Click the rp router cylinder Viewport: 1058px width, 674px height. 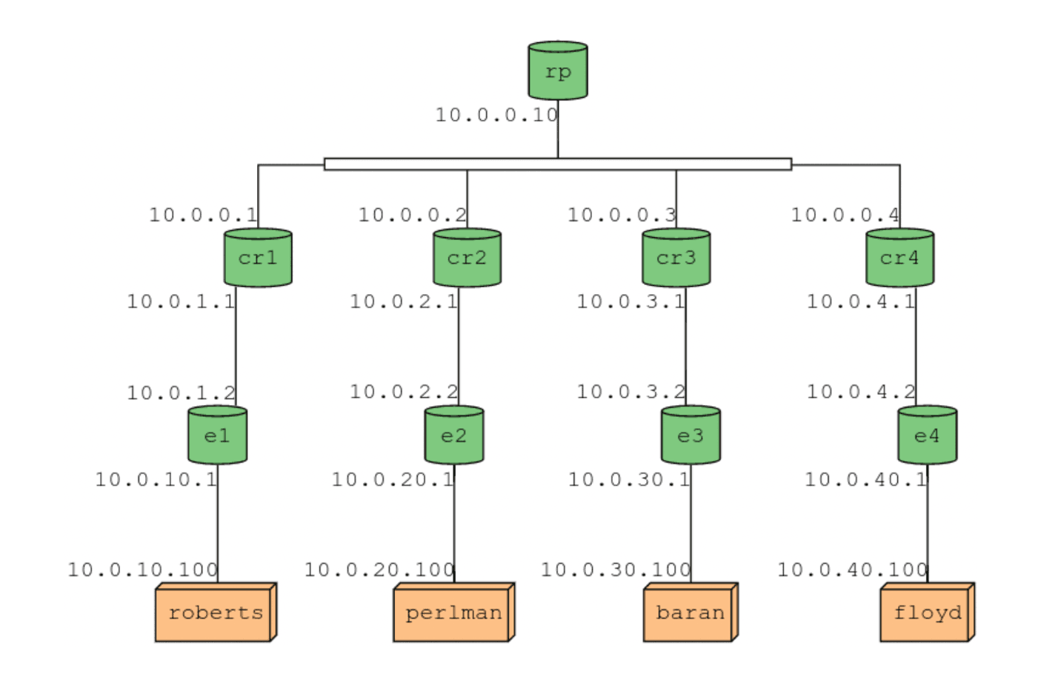tap(558, 71)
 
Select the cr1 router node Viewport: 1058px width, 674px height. tap(258, 258)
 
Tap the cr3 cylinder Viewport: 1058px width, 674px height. tap(676, 258)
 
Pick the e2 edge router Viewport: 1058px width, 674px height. tap(454, 436)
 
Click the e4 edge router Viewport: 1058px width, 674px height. tap(927, 436)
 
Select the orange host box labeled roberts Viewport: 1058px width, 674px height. tap(215, 613)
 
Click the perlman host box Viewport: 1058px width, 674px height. tap(453, 613)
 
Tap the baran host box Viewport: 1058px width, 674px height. tap(690, 613)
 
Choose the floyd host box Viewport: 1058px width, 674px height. tap(926, 613)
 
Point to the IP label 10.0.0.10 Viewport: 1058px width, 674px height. tap(496, 115)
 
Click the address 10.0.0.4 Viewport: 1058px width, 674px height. tap(845, 215)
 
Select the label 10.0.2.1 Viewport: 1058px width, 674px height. tap(404, 301)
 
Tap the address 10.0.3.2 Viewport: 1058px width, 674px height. tap(631, 391)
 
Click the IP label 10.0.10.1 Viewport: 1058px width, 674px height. tap(156, 479)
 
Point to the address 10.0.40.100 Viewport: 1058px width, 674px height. tap(852, 570)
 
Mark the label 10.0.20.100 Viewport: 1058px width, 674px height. tap(379, 570)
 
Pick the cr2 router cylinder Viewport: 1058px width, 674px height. tap(467, 258)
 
